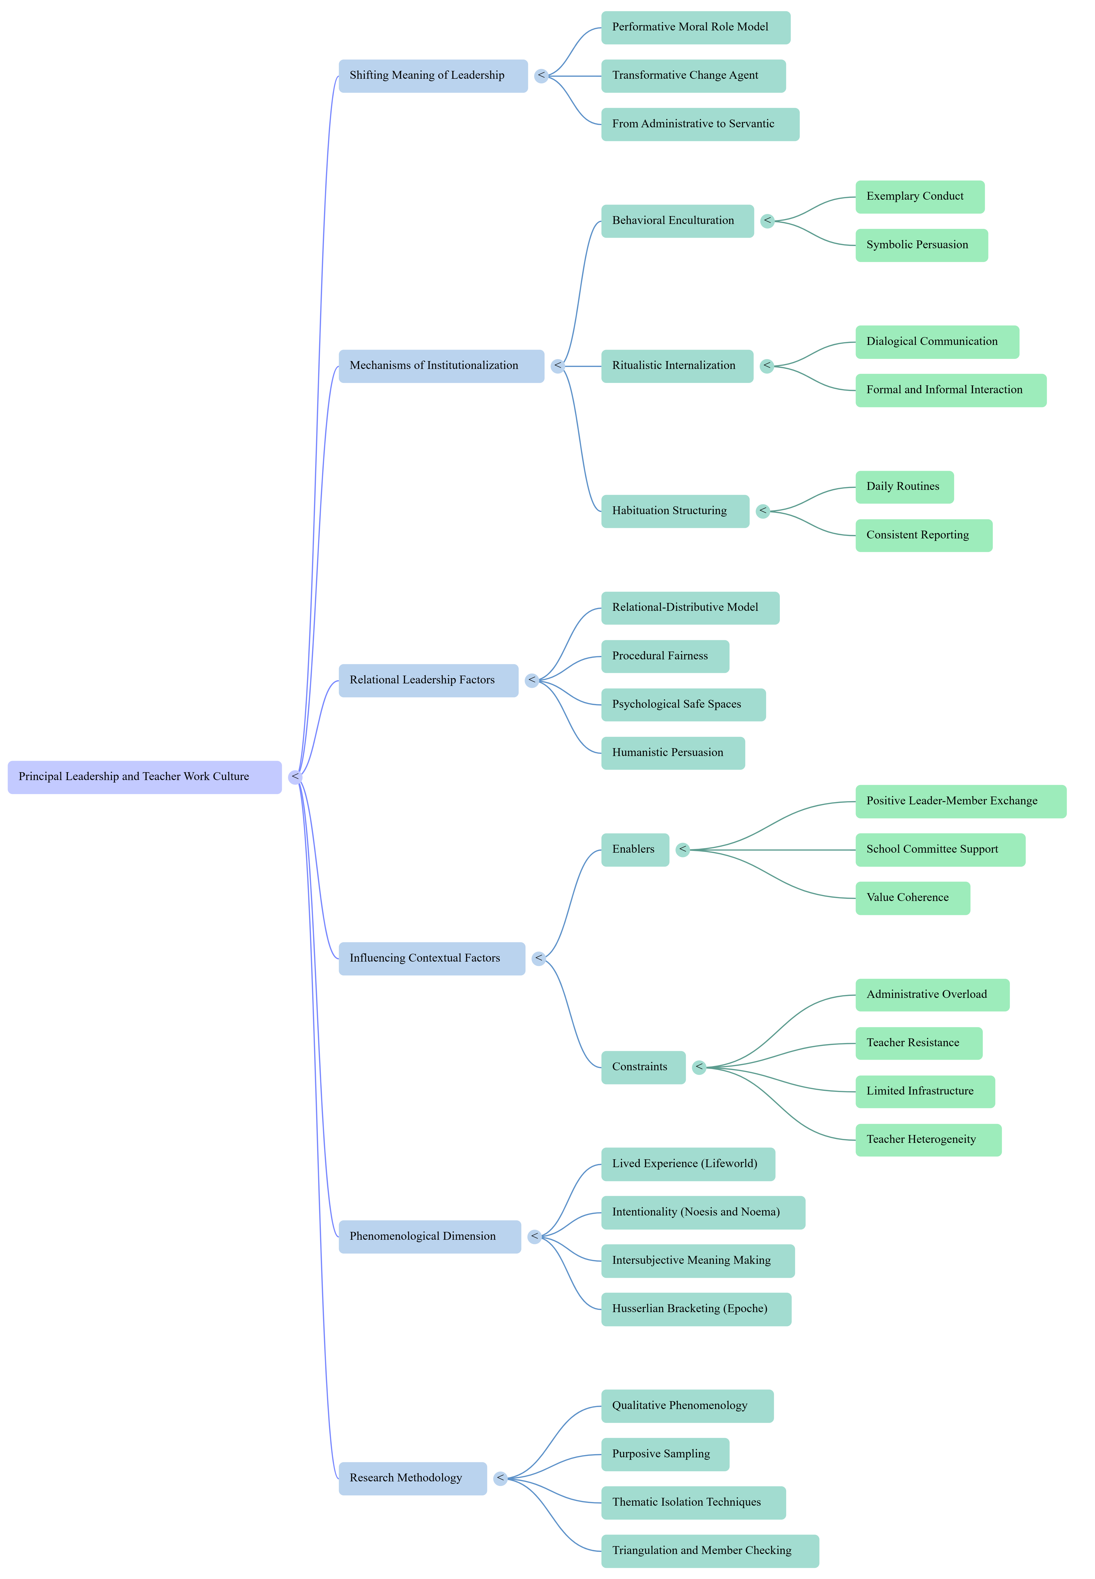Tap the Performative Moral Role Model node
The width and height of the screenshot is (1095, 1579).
(x=696, y=27)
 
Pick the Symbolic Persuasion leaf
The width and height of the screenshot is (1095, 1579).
(x=921, y=245)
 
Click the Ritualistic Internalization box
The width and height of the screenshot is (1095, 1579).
(x=677, y=366)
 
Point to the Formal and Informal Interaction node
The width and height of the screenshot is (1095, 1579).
(x=951, y=390)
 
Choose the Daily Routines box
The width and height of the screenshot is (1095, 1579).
(x=904, y=487)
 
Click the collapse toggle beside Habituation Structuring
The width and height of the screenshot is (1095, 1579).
(x=763, y=511)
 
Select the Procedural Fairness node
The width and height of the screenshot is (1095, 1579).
(x=665, y=656)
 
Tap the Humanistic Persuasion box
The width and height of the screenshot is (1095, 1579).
(x=673, y=753)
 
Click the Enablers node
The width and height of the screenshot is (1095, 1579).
(x=635, y=849)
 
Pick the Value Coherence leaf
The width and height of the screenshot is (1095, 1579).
(x=913, y=898)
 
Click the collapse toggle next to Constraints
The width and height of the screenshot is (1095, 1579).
(x=699, y=1068)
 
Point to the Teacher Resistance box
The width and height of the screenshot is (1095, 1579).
(x=919, y=1043)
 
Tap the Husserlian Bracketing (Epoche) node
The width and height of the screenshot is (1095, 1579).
(x=696, y=1309)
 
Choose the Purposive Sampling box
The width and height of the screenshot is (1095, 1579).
(x=665, y=1454)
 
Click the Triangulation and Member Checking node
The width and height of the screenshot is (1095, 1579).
(x=710, y=1551)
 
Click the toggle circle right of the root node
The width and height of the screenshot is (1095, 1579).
(x=295, y=777)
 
